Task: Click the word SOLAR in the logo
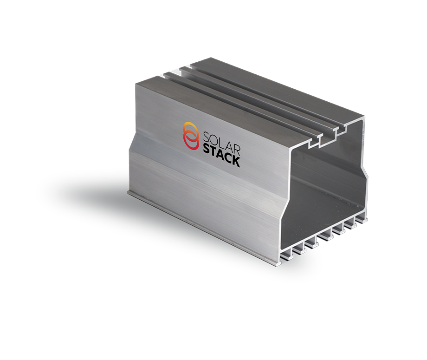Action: coord(221,140)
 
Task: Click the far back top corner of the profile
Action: coord(211,59)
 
